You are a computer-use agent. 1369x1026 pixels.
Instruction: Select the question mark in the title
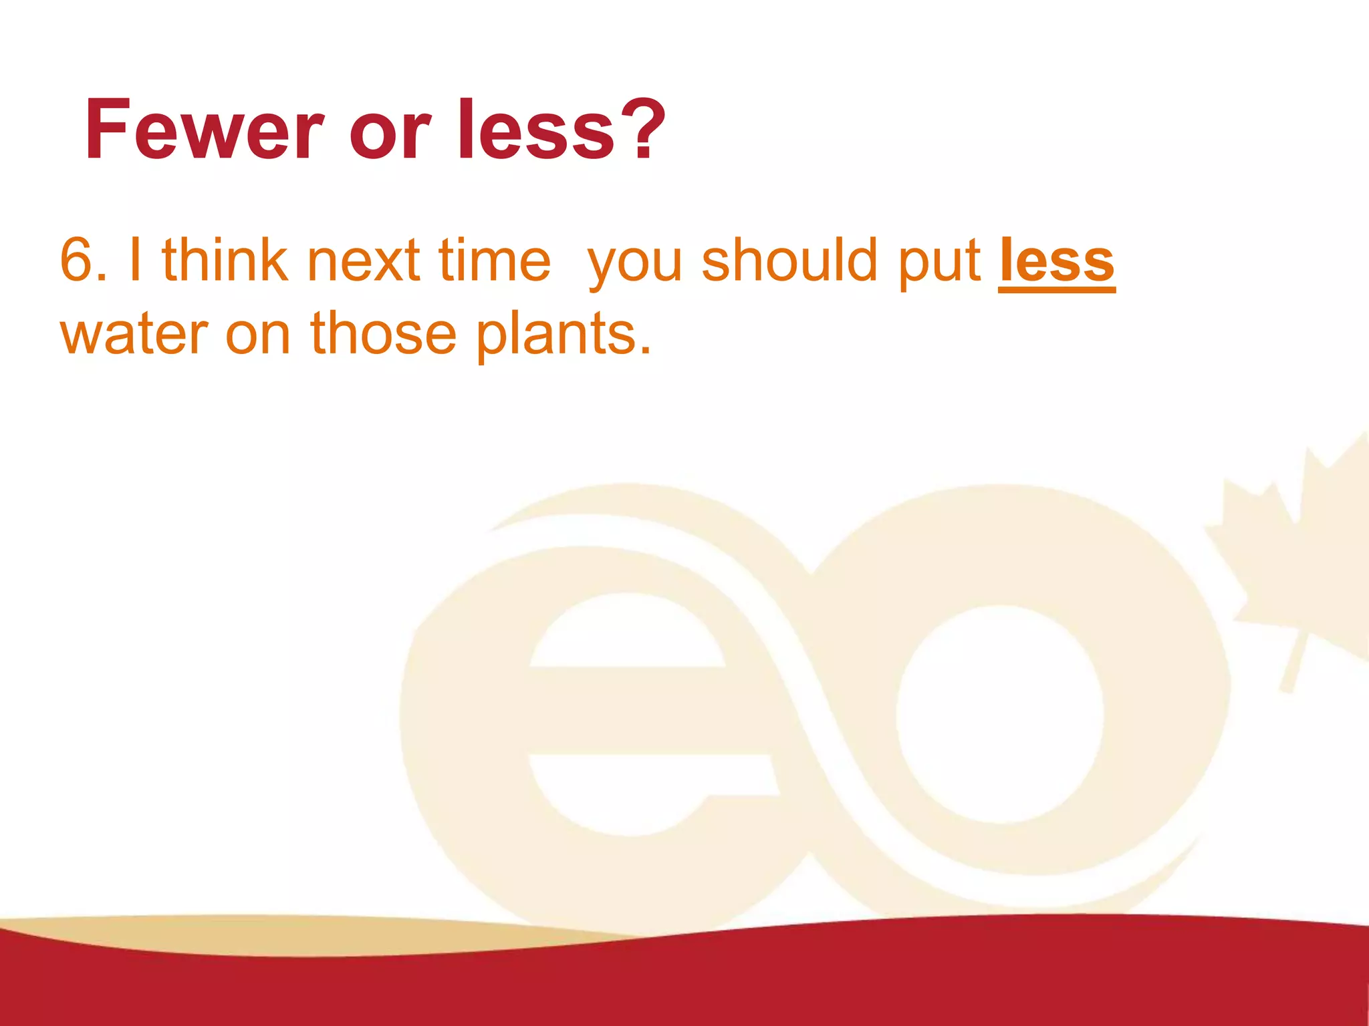(642, 130)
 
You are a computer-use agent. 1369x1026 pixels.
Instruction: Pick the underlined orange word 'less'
(1056, 262)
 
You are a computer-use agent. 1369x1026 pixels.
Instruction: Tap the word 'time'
(494, 261)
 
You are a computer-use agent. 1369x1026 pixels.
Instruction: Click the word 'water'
(134, 334)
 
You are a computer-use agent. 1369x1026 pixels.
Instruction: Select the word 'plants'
(562, 334)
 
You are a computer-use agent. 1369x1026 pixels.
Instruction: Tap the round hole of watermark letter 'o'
(999, 715)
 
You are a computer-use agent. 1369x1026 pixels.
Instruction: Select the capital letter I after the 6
(135, 261)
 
